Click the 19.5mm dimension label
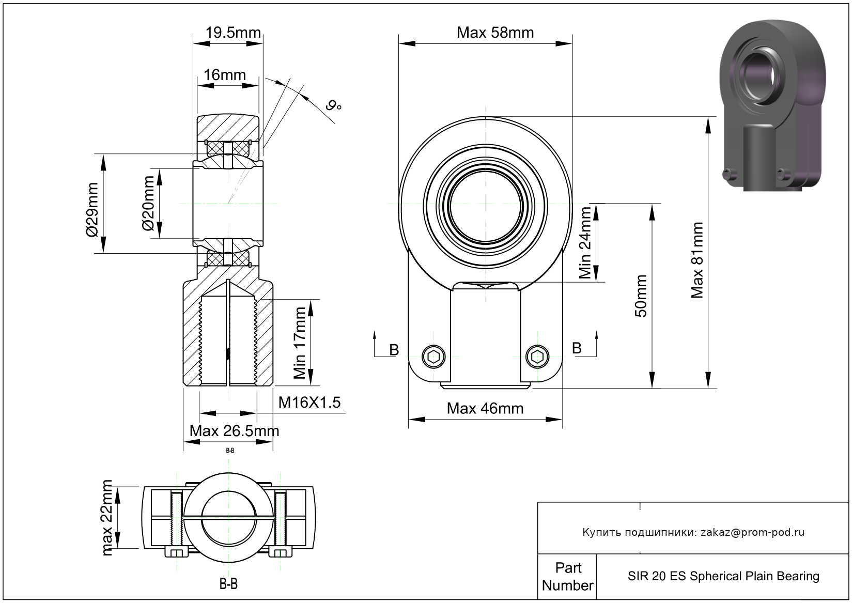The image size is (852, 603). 233,33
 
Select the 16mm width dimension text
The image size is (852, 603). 225,75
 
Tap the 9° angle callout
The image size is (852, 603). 334,105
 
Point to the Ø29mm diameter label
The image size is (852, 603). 92,210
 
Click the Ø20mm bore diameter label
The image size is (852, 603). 148,204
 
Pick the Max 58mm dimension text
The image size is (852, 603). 495,33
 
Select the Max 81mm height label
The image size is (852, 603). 697,260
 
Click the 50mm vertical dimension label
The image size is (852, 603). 641,296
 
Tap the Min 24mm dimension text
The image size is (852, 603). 585,243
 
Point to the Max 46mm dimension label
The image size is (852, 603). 485,409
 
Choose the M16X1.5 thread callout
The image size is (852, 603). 309,403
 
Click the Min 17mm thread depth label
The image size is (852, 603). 300,343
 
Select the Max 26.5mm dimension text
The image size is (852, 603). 234,431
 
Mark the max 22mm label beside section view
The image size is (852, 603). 107,518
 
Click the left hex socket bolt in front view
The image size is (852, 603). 433,357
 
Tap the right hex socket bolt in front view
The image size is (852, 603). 537,357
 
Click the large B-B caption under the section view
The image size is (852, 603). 228,583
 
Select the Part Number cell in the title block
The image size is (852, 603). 567,577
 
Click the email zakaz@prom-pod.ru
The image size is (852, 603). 752,532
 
